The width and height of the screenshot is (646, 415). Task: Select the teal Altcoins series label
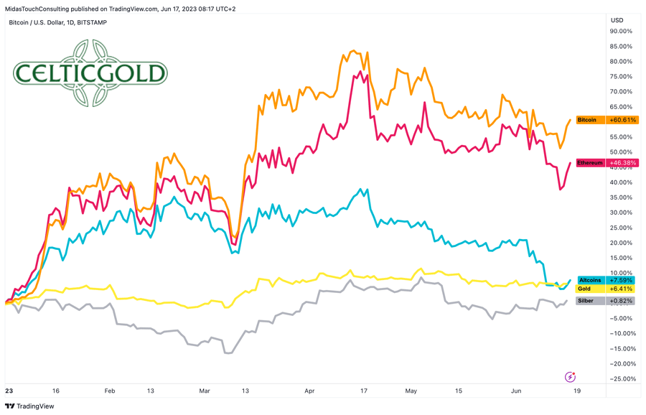591,280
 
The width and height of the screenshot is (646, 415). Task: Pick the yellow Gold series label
585,289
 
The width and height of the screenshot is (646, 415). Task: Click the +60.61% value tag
622,120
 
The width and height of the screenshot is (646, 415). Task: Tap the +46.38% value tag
622,163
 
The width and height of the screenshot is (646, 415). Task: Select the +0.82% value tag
622,301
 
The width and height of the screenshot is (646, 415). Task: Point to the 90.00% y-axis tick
621,32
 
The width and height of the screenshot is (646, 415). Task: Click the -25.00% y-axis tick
621,379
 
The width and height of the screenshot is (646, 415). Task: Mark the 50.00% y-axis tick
621,152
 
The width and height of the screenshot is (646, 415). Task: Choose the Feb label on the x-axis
109,391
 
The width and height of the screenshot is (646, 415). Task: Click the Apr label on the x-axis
309,391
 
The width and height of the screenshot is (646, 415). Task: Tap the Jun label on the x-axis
515,391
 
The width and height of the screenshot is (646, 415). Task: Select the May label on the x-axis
411,391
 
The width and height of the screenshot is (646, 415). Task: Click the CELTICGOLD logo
90,73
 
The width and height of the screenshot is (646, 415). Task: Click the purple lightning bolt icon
571,377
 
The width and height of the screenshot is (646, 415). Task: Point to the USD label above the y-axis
617,20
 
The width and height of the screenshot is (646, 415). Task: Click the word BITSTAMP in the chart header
92,22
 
